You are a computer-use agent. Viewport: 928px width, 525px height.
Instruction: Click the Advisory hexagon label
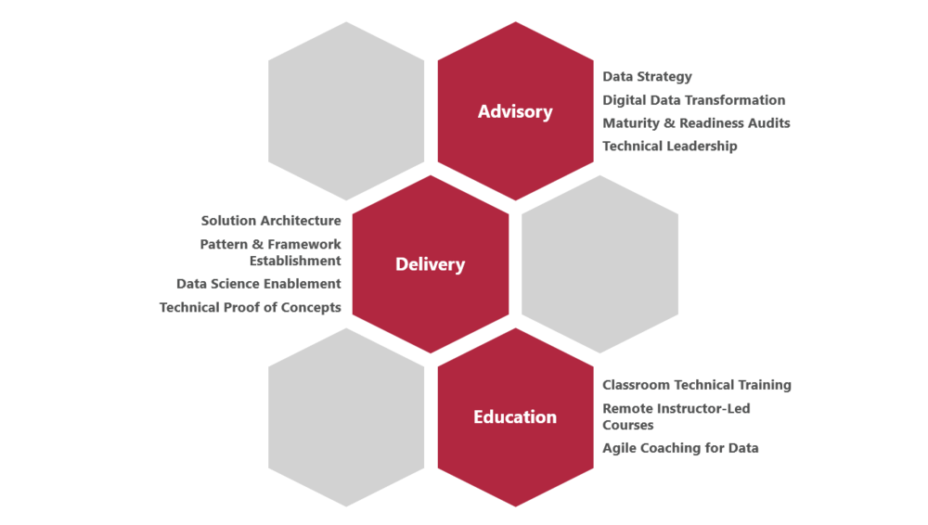coord(515,112)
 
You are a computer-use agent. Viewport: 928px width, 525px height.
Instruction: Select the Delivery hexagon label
coord(431,264)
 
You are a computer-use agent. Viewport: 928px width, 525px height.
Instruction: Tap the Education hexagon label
coord(515,416)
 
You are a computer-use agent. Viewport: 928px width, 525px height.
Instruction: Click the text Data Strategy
coord(647,77)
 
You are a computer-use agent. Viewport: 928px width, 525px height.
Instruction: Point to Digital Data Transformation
coord(693,100)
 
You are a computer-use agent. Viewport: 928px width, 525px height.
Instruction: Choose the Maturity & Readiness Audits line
coord(696,123)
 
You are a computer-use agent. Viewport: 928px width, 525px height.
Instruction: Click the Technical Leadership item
coord(670,147)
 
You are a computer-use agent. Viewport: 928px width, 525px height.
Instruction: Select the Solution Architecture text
coord(271,221)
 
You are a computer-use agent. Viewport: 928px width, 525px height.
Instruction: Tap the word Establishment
coord(295,261)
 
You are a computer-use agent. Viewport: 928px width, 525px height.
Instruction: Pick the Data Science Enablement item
coord(259,284)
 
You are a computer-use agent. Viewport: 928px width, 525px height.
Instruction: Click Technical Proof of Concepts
coord(251,308)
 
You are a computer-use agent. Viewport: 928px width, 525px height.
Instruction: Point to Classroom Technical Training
coord(697,385)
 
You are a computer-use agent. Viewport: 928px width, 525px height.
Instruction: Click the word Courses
coord(628,425)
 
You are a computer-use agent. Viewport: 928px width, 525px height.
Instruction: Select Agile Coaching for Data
coord(680,448)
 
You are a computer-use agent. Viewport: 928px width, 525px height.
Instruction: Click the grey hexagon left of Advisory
coord(346,111)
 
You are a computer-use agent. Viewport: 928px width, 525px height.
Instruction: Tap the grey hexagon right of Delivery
coord(599,264)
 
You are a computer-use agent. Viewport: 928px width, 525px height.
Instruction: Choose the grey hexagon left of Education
coord(346,417)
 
